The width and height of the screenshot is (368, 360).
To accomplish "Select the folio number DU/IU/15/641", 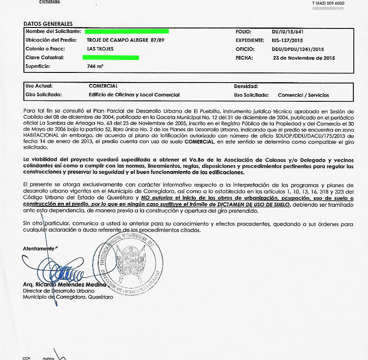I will pos(288,32).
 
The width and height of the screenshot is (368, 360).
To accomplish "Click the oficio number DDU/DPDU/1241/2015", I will pos(298,49).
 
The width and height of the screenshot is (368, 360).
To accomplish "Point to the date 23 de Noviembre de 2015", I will pos(304,58).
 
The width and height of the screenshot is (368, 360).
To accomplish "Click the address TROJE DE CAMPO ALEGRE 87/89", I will pos(125,40).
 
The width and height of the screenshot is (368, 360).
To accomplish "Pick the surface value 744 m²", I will pos(95,66).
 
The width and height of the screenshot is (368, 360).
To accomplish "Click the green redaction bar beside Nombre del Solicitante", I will pos(127,31).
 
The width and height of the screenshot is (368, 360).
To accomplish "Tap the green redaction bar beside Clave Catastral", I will pos(111,57).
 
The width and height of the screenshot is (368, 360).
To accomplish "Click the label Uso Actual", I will pos(39,86).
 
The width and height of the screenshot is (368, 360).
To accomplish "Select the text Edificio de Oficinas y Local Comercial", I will pos(134,95).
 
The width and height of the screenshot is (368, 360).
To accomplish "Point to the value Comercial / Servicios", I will pos(303,95).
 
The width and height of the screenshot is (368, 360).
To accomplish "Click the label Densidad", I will pos(246,86).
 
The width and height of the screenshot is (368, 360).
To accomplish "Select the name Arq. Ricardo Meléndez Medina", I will pos(64,284).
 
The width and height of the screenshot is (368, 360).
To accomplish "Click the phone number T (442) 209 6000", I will pos(328,4).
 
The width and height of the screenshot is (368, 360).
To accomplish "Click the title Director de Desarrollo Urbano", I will pos(58,291).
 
